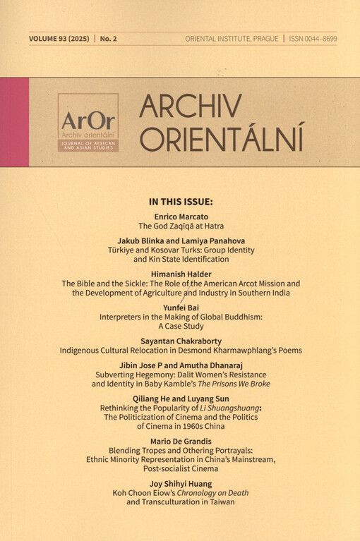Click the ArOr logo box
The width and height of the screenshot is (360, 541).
(88, 122)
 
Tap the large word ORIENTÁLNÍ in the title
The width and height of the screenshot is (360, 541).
(221, 138)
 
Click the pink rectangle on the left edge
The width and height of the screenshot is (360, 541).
(14, 122)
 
